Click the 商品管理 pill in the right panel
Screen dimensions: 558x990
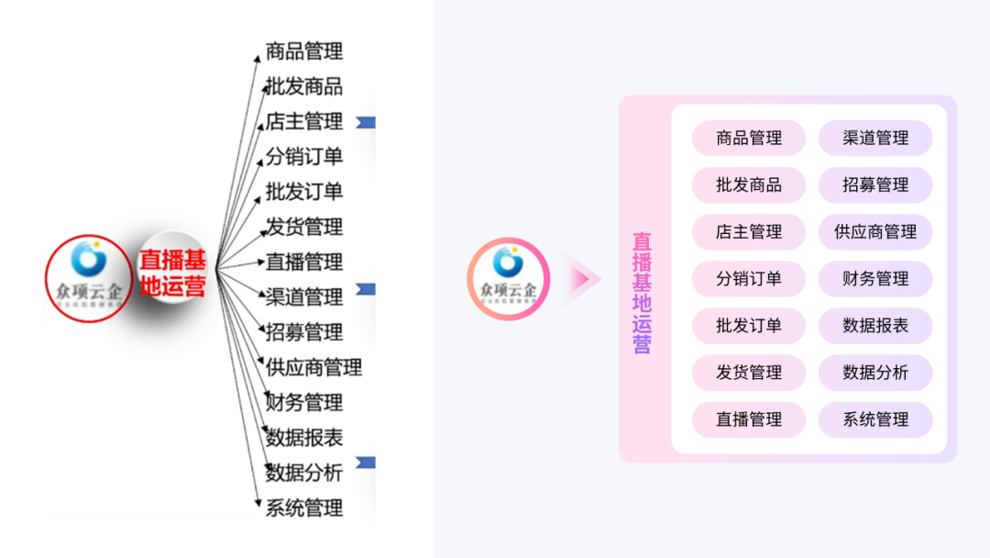tap(749, 139)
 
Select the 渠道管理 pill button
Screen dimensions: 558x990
tap(875, 139)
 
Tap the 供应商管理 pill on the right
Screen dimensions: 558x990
tap(875, 232)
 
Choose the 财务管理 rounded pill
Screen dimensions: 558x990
tap(875, 279)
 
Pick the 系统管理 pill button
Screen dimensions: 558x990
tap(875, 419)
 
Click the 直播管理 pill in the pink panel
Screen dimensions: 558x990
tap(749, 419)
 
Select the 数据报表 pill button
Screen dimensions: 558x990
tap(875, 326)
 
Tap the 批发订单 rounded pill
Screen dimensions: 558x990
tap(749, 326)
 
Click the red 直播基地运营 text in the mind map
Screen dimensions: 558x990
tap(172, 273)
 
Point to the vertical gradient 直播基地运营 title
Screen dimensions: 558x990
tap(642, 293)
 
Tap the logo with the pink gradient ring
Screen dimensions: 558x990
tap(508, 278)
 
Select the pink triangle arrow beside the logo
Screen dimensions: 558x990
tap(582, 278)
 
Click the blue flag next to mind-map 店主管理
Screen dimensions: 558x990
tap(366, 122)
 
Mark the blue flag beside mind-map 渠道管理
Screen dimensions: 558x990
tap(366, 290)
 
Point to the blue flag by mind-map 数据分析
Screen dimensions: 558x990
tap(366, 463)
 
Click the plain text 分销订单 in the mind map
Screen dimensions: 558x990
tap(304, 157)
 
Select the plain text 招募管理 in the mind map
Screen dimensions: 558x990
tap(304, 332)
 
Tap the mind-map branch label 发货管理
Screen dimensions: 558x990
tap(304, 227)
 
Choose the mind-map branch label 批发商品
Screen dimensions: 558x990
tap(304, 87)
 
